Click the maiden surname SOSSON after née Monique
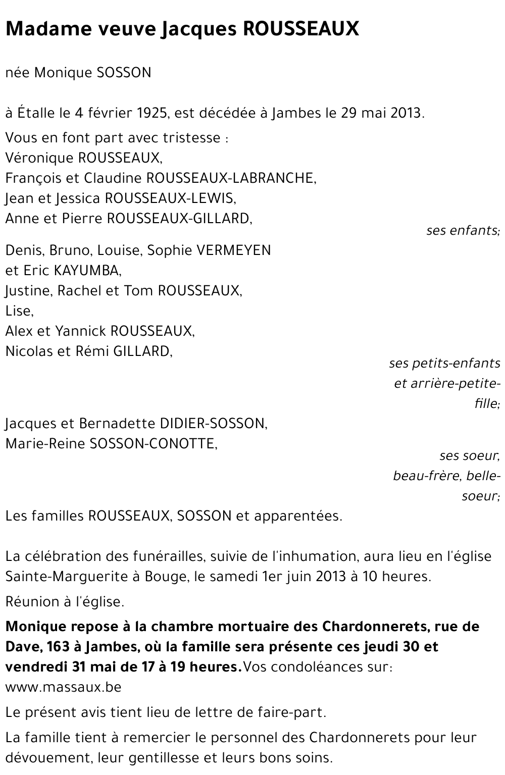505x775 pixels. tap(123, 73)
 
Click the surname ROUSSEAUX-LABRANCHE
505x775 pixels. tap(231, 178)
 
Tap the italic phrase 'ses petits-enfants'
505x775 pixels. tap(444, 364)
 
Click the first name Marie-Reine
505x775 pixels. tap(45, 444)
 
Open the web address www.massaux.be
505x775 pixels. tap(63, 687)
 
